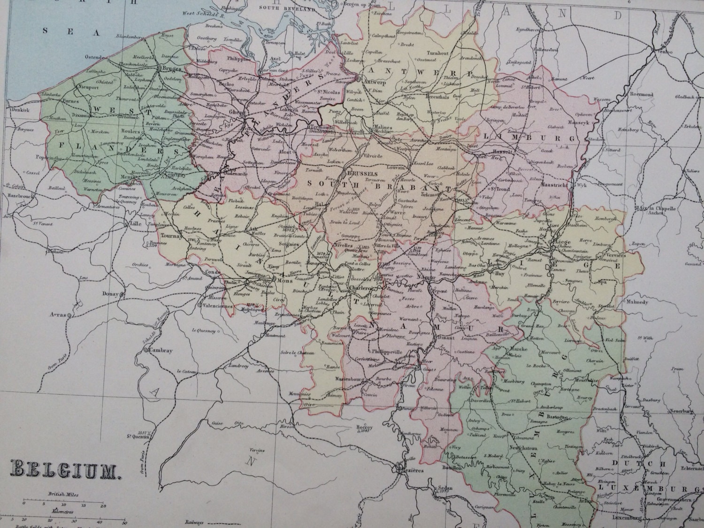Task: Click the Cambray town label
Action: [x=161, y=351]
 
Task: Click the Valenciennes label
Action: [x=217, y=306]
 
